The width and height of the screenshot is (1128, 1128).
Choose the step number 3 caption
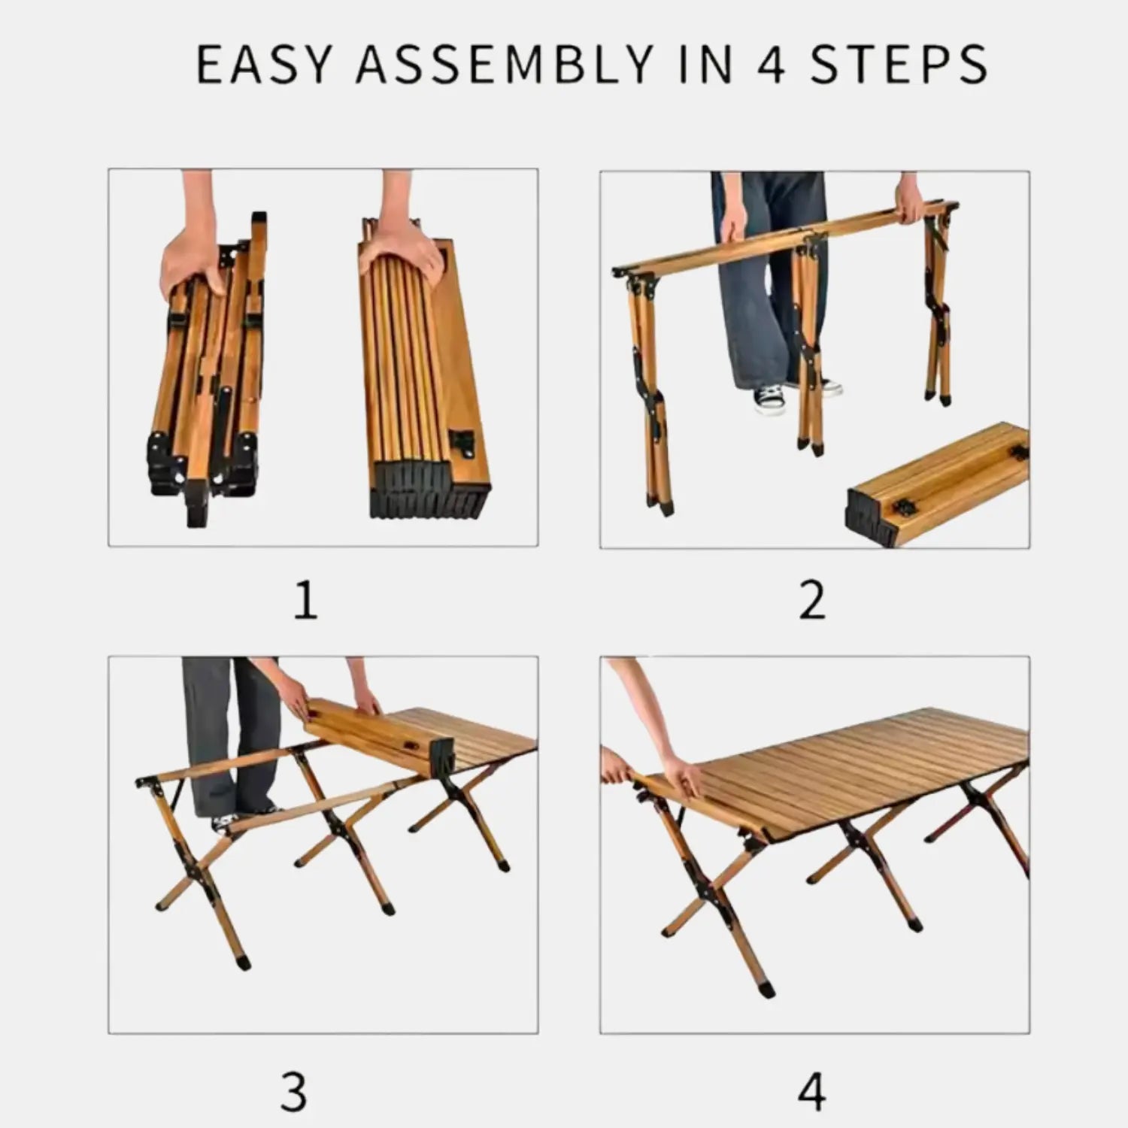click(293, 1090)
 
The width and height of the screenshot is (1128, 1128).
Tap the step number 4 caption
click(812, 1090)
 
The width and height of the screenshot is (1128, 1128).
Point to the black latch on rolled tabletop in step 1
click(462, 442)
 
